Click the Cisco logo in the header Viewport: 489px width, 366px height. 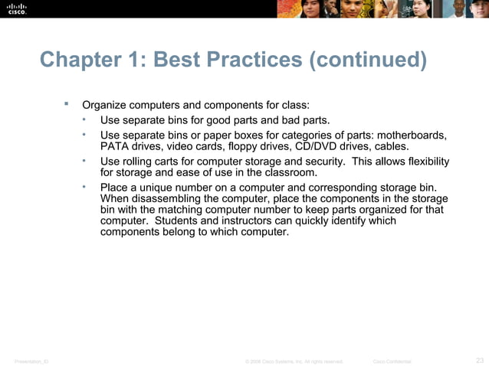tap(17, 8)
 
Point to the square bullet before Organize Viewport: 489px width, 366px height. tap(67, 103)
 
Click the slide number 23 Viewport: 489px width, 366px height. tap(480, 360)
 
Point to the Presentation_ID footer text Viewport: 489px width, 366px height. tap(31, 361)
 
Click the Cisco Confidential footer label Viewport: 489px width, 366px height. tap(392, 361)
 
